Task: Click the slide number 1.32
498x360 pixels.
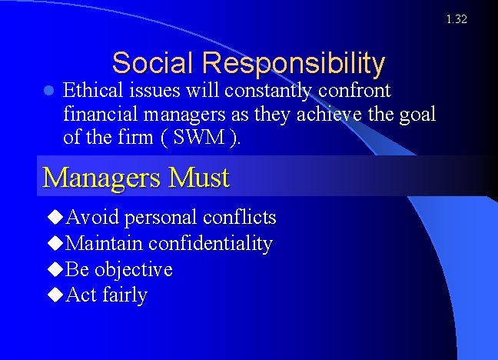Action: point(456,19)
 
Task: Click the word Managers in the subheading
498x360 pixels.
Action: point(101,177)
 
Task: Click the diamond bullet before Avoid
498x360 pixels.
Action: point(55,218)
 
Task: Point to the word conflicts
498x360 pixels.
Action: point(239,218)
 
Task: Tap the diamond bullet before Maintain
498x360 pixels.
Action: point(55,244)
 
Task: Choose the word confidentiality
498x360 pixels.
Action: point(210,244)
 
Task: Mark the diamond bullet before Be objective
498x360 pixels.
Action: point(55,270)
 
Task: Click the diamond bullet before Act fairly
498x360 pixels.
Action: point(55,295)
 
